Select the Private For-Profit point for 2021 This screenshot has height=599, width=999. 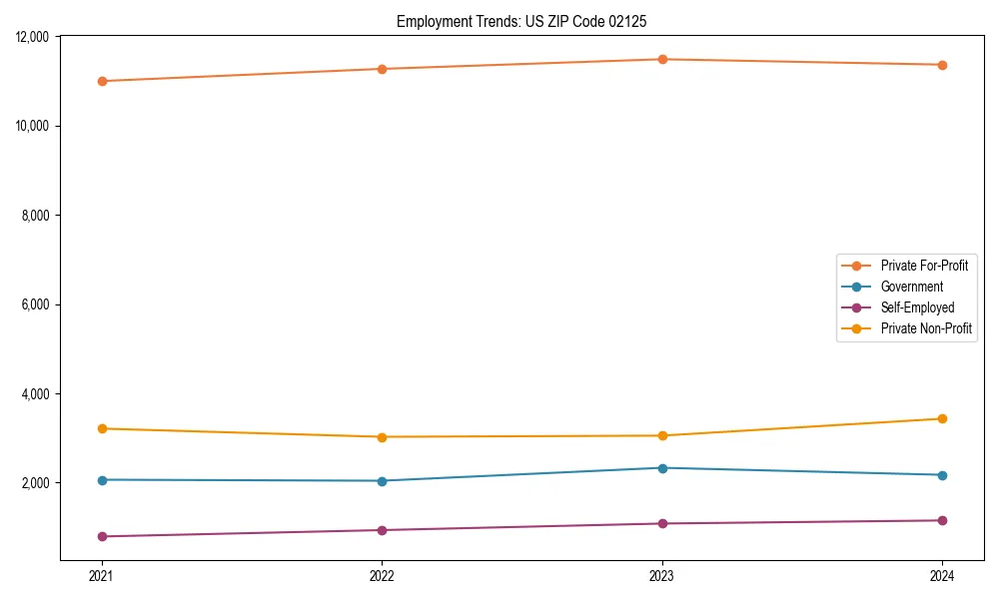coord(102,81)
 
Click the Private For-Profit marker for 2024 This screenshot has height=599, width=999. coord(942,65)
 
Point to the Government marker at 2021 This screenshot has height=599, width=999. coord(102,480)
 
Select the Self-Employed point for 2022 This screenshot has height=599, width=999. coord(382,530)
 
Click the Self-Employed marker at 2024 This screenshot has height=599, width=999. coord(942,520)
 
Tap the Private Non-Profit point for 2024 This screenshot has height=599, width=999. coord(942,418)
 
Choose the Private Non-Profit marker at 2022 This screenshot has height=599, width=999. coord(382,436)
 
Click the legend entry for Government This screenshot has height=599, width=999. coord(911,287)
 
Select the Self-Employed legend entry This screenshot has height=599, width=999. coord(917,307)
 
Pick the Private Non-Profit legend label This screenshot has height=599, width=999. coord(926,328)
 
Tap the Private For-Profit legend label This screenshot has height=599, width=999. coord(924,266)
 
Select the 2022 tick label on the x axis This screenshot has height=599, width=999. coord(382,575)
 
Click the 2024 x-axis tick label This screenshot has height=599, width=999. coord(942,575)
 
